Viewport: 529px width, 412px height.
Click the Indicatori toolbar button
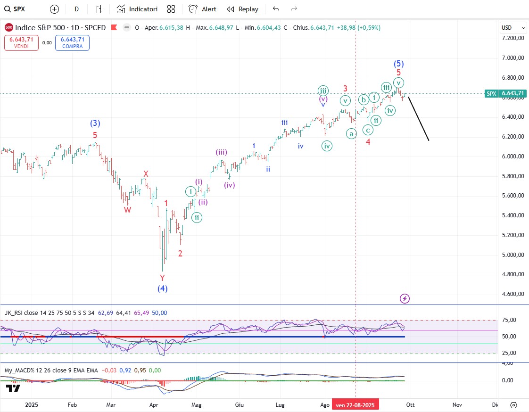[137, 9]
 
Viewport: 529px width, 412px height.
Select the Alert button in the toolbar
[202, 9]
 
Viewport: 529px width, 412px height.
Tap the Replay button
[242, 9]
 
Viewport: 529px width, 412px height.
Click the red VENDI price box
[21, 43]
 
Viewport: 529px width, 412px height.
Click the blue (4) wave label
[163, 288]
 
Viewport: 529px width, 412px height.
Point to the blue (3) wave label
[95, 124]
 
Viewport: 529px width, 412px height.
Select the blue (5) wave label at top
[398, 64]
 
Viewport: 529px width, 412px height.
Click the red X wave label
[146, 174]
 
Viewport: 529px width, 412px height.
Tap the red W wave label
[128, 210]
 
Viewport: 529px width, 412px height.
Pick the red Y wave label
[162, 278]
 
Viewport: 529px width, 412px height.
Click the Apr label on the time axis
[154, 404]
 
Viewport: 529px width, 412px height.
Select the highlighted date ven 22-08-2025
[355, 404]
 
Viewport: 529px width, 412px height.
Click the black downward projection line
[418, 118]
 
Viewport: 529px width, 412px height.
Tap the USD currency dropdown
[513, 28]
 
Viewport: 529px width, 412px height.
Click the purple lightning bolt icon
[405, 298]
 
